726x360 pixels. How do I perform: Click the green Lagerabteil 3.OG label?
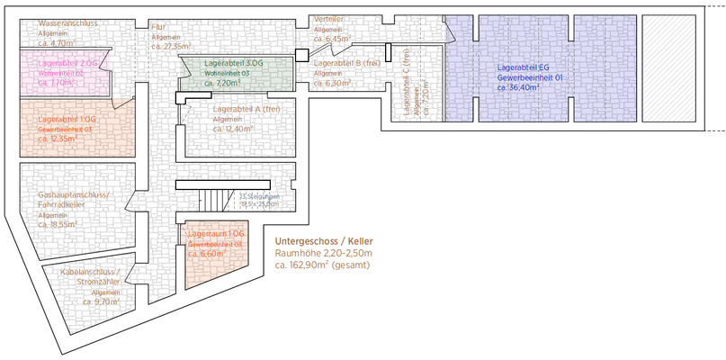coord(234,65)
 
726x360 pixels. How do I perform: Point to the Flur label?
coord(158,27)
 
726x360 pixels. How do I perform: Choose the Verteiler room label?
coord(328,19)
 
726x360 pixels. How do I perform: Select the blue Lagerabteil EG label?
coord(530,67)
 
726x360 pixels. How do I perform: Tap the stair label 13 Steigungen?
coord(260,196)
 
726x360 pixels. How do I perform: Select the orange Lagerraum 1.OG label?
coord(216,234)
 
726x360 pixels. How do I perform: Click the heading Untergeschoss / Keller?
coord(323,241)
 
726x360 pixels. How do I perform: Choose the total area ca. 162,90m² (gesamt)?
coord(322,265)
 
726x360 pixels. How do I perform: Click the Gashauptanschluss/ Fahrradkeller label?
coord(74,200)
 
